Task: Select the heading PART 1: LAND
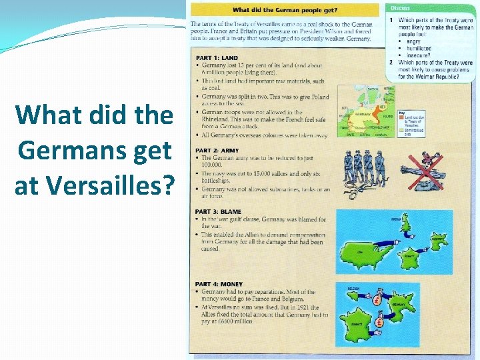point(217,58)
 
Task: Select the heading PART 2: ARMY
point(217,151)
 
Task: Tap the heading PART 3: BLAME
point(219,213)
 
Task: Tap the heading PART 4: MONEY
point(219,285)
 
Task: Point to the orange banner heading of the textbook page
point(285,10)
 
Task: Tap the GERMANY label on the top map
point(363,114)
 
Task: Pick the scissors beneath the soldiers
point(349,193)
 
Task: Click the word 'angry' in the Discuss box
point(414,41)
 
